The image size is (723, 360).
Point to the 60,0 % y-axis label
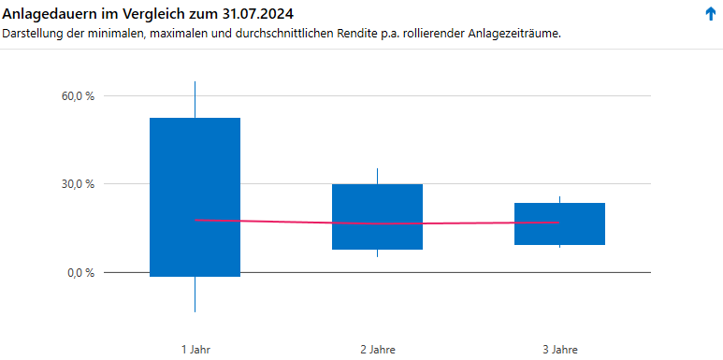click(x=78, y=95)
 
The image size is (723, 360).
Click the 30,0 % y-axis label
click(x=78, y=184)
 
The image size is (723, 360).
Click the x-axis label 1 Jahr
click(x=195, y=350)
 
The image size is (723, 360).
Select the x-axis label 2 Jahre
click(x=377, y=350)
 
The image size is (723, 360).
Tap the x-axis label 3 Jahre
click(x=559, y=350)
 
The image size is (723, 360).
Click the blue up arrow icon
click(x=710, y=13)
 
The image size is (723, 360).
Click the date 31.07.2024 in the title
click(x=260, y=13)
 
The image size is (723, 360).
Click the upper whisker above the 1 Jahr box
click(x=195, y=99)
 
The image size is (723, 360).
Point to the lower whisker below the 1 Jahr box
click(x=195, y=295)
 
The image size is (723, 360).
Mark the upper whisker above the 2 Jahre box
click(x=377, y=176)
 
